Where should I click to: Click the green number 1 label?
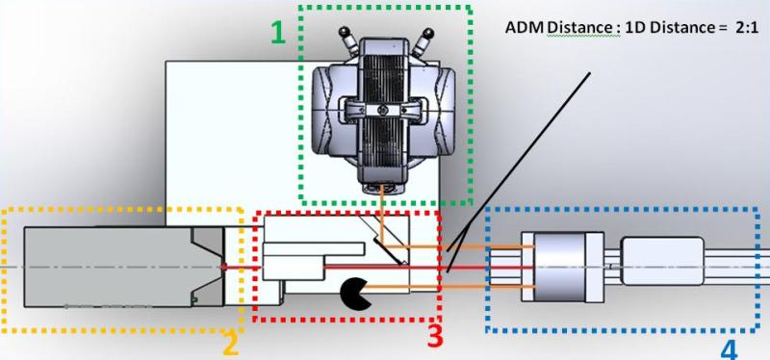point(278,35)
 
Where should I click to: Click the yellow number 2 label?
point(230,343)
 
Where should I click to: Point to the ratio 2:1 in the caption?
point(745,27)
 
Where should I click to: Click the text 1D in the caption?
point(637,27)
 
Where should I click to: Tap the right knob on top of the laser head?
point(425,39)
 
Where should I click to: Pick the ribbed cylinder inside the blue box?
point(558,262)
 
